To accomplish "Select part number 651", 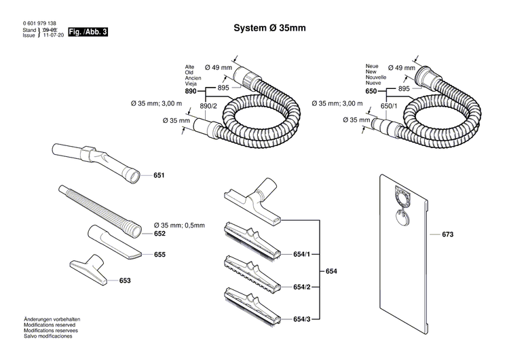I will (159, 176).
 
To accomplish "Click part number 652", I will (159, 233).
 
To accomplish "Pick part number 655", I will (159, 255).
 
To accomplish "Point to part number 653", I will (125, 280).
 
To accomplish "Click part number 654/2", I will (301, 287).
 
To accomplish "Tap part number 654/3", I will (301, 319).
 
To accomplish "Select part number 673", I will (447, 234).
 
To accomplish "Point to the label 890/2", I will (208, 107).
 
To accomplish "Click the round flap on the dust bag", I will (402, 217).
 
